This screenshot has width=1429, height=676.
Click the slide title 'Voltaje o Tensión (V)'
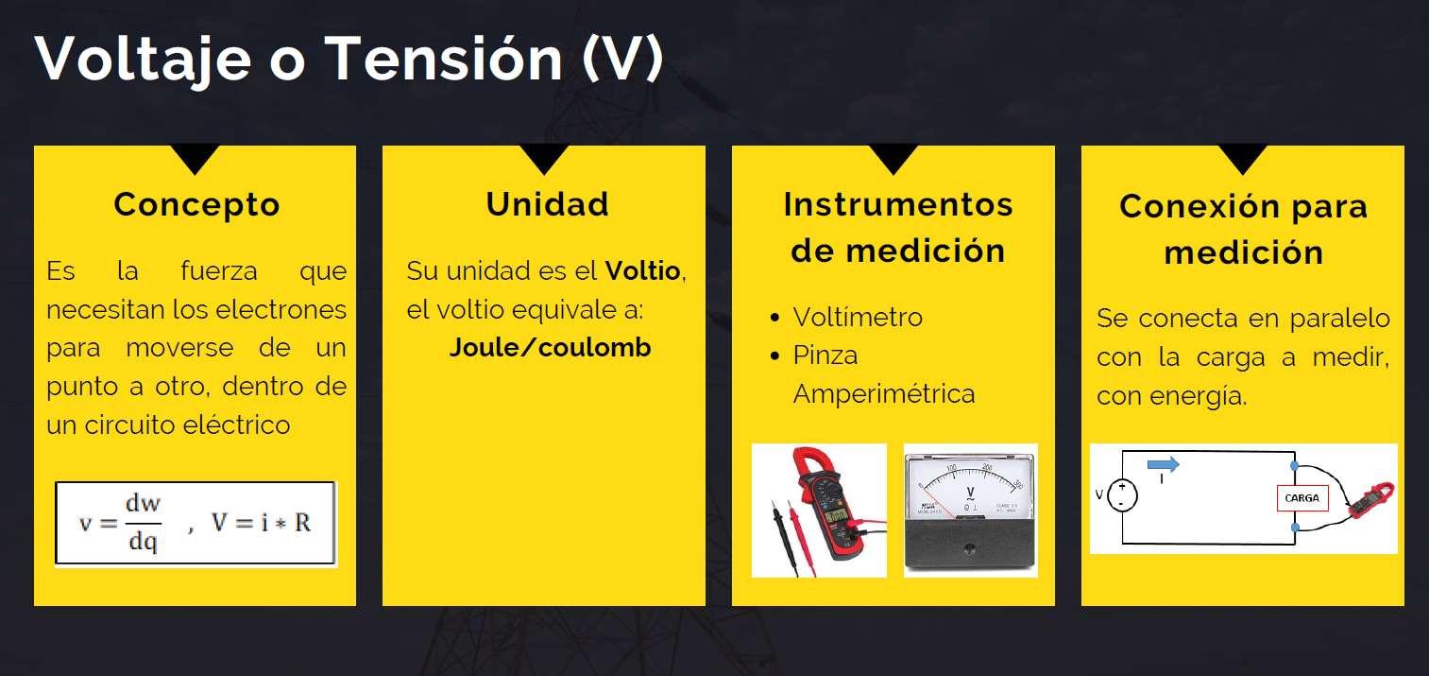click(349, 59)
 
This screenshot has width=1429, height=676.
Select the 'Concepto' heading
click(196, 204)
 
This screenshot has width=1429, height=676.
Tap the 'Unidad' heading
click(547, 204)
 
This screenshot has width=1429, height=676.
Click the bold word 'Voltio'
click(642, 271)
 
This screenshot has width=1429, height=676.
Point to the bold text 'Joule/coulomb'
click(550, 348)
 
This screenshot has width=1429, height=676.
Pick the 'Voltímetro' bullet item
click(858, 317)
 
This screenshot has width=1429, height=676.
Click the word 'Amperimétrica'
click(884, 393)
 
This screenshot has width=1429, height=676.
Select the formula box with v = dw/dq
click(196, 523)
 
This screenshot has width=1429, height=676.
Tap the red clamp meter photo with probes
click(819, 510)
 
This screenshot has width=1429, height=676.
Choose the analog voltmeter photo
click(970, 510)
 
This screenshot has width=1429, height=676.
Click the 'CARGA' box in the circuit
click(1302, 498)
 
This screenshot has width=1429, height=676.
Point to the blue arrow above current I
click(1163, 463)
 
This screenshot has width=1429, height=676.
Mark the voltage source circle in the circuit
click(1123, 494)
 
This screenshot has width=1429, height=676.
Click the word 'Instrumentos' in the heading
click(897, 204)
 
